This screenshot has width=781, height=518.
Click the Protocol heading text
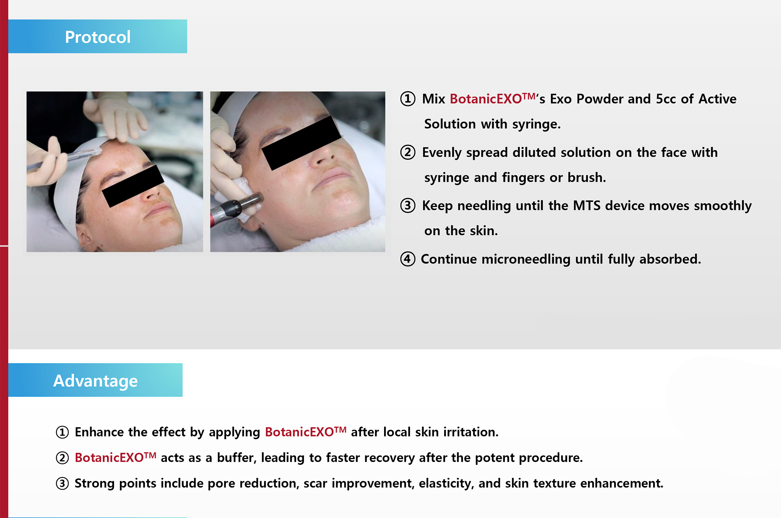tap(98, 37)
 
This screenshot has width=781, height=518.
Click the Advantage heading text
tap(95, 381)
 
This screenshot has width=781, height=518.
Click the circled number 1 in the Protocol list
tap(408, 99)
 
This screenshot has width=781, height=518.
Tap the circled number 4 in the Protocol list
tap(408, 259)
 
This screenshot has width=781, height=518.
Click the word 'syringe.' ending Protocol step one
tap(536, 125)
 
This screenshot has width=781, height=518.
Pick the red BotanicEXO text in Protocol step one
tap(492, 98)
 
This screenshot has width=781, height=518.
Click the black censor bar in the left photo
tap(133, 186)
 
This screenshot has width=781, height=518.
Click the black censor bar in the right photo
tap(301, 143)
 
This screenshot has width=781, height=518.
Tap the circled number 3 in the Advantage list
tap(62, 484)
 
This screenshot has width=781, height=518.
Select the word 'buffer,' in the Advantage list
tap(236, 458)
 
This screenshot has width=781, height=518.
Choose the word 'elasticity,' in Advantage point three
tap(446, 484)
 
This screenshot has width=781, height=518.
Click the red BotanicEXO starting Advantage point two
tap(115, 457)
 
